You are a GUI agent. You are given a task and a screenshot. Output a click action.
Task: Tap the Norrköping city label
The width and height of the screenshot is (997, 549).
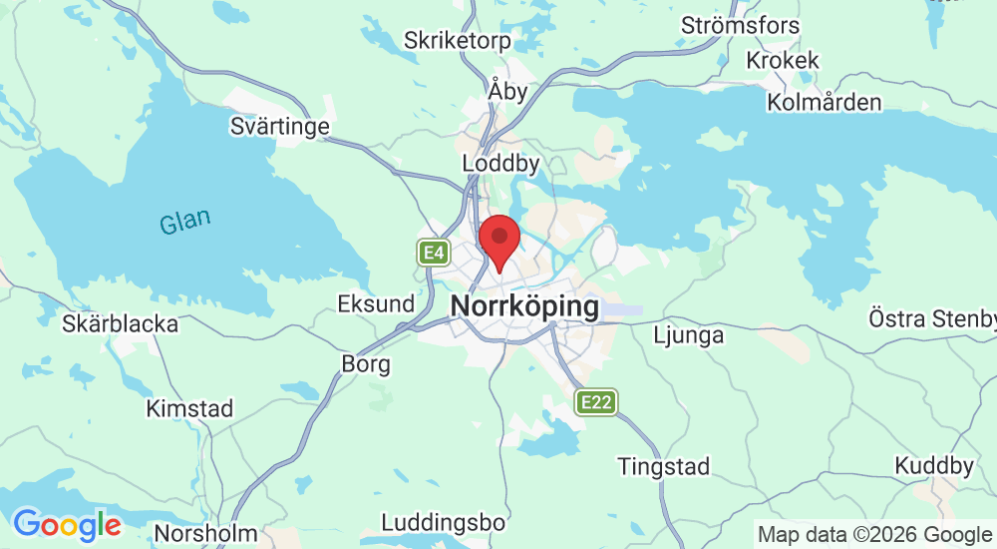tap(525, 305)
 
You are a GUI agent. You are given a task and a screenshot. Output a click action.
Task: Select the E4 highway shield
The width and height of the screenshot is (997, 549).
tap(433, 253)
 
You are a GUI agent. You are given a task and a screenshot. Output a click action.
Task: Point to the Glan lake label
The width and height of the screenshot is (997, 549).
tap(185, 222)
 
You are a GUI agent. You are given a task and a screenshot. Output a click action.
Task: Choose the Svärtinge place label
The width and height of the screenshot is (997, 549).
tap(279, 127)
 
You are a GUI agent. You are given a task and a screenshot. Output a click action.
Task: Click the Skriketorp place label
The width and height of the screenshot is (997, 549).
tap(457, 41)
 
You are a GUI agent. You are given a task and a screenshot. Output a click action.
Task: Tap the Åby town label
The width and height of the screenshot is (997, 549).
tap(508, 90)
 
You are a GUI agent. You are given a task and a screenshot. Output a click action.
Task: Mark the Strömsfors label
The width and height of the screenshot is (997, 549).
tap(742, 24)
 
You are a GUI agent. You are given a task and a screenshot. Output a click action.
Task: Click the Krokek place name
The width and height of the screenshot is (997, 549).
tap(783, 61)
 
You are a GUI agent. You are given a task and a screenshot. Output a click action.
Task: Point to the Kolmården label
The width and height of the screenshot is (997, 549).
tap(825, 103)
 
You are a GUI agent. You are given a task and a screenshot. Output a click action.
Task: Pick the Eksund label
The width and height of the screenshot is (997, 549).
tap(376, 303)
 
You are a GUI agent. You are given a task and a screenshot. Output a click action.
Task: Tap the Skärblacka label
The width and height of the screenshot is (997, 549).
tap(120, 323)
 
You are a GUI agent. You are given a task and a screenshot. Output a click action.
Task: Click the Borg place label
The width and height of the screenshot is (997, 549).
tap(366, 364)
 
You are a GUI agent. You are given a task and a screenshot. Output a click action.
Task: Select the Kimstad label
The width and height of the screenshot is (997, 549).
tap(189, 408)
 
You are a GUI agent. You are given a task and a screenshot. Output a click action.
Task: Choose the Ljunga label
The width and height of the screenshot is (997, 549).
tap(688, 335)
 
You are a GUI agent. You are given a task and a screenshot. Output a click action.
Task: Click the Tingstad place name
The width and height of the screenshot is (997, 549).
tap(663, 466)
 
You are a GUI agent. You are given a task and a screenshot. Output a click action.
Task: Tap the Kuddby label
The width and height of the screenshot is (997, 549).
tap(934, 466)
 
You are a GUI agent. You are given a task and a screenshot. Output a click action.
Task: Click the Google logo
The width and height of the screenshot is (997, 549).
tap(67, 524)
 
